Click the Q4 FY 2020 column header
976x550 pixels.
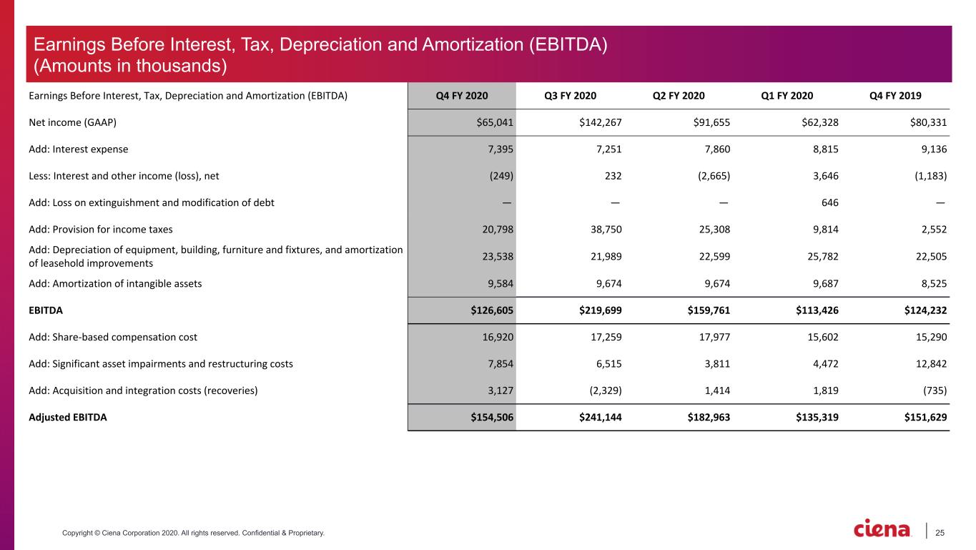(x=462, y=96)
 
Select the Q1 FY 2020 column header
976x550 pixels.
(x=787, y=96)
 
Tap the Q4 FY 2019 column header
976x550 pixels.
(x=895, y=96)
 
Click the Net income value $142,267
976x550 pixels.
(x=601, y=122)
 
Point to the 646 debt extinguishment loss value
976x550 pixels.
(x=829, y=202)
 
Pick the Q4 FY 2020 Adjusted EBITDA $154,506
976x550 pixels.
(x=492, y=417)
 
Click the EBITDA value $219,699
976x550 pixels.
(x=601, y=310)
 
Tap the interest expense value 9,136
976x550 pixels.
(x=934, y=149)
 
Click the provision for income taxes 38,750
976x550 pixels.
(x=606, y=230)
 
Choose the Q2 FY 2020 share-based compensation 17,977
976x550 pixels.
(x=714, y=337)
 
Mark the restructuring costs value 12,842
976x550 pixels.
(x=931, y=363)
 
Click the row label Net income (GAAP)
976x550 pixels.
(x=73, y=122)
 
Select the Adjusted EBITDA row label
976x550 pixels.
(x=67, y=417)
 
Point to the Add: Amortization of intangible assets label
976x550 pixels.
(x=115, y=284)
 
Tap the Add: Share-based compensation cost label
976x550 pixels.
(x=113, y=337)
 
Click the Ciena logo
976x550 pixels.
(x=882, y=529)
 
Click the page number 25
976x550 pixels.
(x=940, y=533)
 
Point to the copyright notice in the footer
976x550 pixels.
(x=193, y=533)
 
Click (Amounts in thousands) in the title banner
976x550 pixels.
(x=130, y=66)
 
